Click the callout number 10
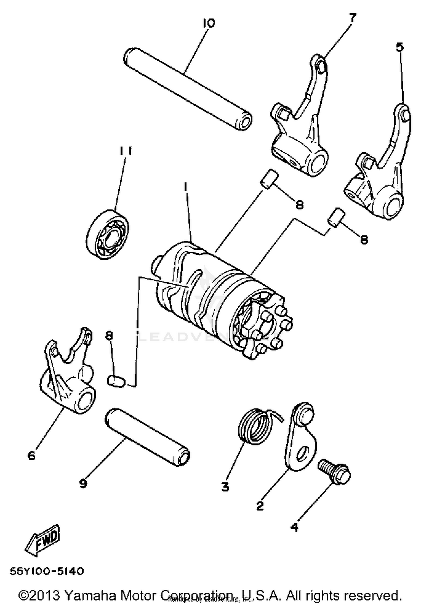point(209,23)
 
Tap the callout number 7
point(352,18)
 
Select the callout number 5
point(400,47)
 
